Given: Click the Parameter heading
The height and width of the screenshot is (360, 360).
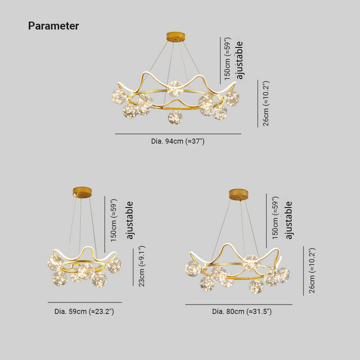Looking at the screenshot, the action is (x=53, y=25).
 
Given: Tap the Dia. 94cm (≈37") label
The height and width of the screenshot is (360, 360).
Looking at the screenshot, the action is (x=177, y=141).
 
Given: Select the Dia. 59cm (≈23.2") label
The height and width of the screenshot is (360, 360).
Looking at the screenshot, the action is (x=84, y=311).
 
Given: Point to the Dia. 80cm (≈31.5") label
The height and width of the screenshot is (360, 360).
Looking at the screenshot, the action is (x=242, y=311).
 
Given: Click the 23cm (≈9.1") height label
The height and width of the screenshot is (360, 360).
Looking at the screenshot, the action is (x=141, y=266).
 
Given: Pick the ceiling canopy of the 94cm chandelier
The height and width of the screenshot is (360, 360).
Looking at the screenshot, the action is (x=175, y=36).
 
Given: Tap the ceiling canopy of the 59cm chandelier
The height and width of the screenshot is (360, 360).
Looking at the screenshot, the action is (x=82, y=192).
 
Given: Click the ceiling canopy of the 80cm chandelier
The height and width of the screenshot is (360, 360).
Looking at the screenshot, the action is (x=239, y=194).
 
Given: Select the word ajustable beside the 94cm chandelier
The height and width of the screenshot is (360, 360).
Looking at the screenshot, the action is (x=239, y=60).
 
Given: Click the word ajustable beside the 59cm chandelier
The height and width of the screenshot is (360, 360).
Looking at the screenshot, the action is (x=129, y=220).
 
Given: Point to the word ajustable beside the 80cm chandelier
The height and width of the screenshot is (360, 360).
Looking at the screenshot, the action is (x=288, y=220).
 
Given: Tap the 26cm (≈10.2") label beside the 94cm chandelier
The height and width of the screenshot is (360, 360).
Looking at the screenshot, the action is (x=266, y=103).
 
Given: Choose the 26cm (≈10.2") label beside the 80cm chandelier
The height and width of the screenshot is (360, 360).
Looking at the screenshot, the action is (x=312, y=270).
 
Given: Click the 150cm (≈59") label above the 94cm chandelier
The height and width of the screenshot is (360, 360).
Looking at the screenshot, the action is (x=227, y=59).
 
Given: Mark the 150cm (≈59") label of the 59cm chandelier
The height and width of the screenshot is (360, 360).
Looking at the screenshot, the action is (x=113, y=220).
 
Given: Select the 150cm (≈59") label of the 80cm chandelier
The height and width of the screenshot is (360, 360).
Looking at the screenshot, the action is (x=275, y=218).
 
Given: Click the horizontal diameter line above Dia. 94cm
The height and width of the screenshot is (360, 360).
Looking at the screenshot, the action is (x=178, y=134).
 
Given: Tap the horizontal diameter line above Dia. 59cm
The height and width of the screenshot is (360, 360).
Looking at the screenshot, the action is (x=84, y=302).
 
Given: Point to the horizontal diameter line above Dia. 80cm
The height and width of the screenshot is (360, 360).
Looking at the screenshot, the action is (x=239, y=304).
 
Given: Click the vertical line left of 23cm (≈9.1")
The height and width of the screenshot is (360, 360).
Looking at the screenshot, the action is (x=133, y=267).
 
